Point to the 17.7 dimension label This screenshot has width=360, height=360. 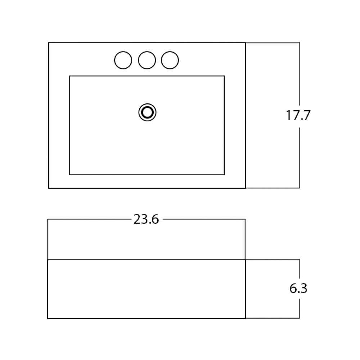[298, 115]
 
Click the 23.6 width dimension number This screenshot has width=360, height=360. [146, 219]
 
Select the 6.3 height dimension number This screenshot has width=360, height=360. [298, 288]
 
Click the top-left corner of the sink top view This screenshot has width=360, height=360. [49, 43]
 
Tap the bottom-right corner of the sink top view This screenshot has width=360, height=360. [246, 188]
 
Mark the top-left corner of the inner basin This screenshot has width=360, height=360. [70, 76]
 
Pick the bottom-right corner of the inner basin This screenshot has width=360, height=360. [224, 175]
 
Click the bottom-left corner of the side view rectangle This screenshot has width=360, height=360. [48, 319]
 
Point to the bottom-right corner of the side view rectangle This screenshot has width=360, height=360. [246, 319]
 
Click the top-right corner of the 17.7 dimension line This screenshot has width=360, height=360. [300, 43]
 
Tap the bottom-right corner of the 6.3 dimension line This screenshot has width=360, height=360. [300, 318]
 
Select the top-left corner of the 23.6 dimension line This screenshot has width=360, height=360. [48, 220]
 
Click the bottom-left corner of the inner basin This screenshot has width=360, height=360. [70, 175]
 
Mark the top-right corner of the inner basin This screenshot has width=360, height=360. [224, 76]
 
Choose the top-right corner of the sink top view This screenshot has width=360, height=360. [246, 43]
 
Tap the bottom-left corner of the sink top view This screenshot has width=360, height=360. [49, 188]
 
